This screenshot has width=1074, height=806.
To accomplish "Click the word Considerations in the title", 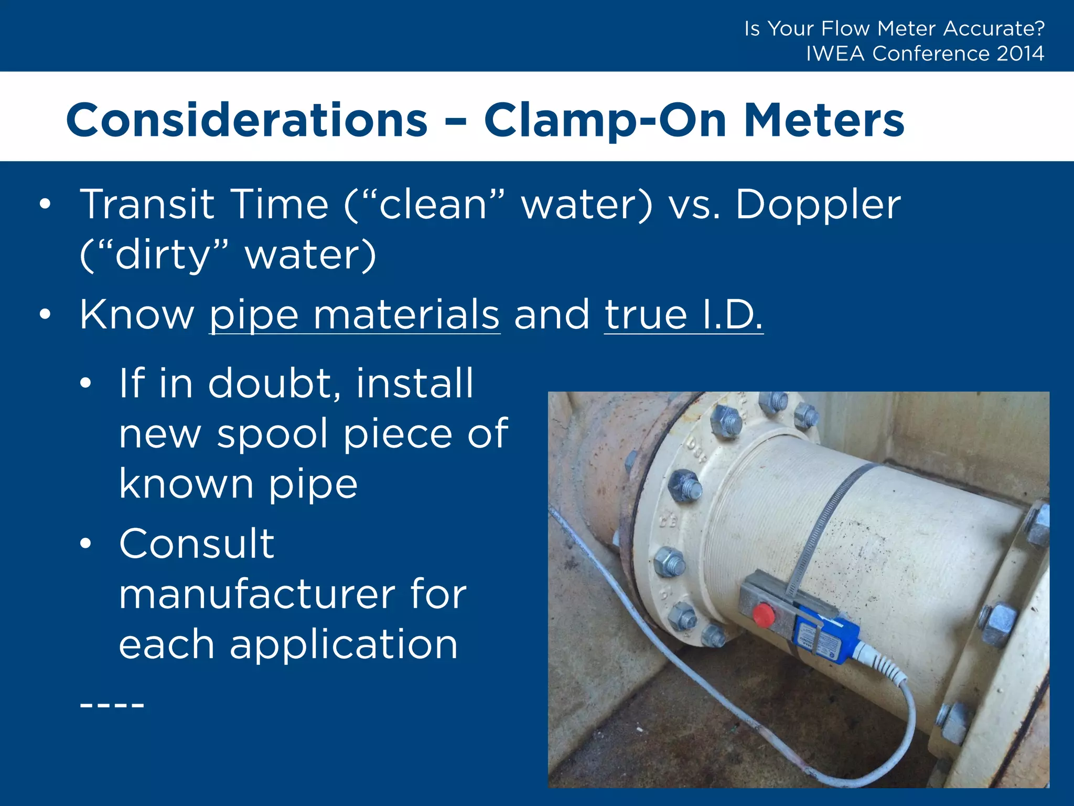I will tap(246, 121).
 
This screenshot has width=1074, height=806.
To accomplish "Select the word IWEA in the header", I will tap(835, 54).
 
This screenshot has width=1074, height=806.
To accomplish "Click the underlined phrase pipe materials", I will tap(355, 315).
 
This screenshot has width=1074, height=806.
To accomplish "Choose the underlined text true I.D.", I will tap(683, 315).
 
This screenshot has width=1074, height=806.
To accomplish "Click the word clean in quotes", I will tap(433, 205).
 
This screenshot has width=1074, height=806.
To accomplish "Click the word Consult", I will tap(197, 544).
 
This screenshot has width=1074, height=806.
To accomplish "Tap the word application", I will tap(343, 644).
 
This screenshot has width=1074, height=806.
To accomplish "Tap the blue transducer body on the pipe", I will tap(826, 638).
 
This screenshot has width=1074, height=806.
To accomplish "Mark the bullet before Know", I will tap(45, 314).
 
